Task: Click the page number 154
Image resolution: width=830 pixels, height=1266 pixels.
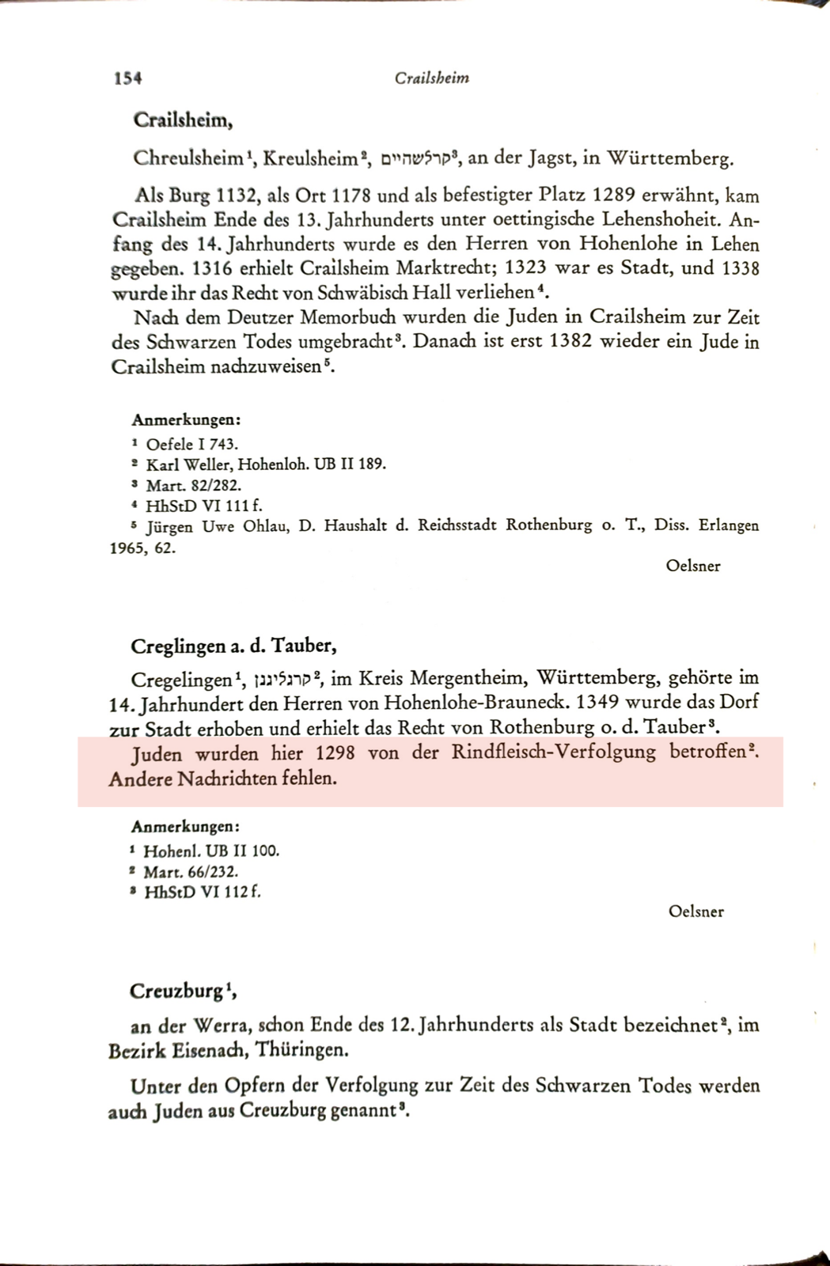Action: (127, 78)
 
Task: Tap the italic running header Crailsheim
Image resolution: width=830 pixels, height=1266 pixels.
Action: (431, 78)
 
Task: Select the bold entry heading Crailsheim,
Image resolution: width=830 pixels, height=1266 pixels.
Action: (183, 120)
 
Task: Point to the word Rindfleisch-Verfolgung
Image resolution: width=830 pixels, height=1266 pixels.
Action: (553, 752)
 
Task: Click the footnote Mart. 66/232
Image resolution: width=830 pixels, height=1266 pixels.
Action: (190, 872)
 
